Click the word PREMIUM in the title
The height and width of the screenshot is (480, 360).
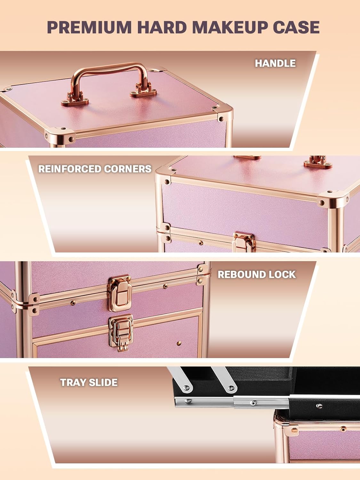click(89, 27)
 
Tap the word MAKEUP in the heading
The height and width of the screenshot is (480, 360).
click(230, 27)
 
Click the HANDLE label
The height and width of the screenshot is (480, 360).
click(275, 63)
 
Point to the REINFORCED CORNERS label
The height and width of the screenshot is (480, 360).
click(95, 169)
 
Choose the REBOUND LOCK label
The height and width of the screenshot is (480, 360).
click(257, 275)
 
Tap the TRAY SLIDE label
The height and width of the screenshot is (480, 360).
click(89, 382)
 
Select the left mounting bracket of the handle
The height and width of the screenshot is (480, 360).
click(75, 99)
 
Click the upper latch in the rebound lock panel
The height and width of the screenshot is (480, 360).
click(120, 292)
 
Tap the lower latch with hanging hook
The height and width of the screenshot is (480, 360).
click(121, 332)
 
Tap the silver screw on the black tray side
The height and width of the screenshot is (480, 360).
click(319, 406)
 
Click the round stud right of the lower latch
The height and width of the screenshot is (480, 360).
click(179, 343)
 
